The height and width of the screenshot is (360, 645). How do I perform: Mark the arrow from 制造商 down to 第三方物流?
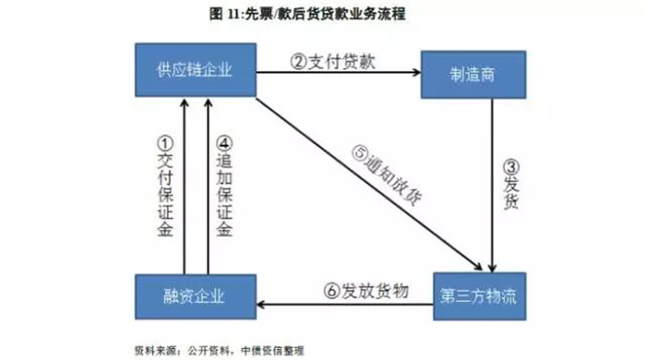[496, 184]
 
